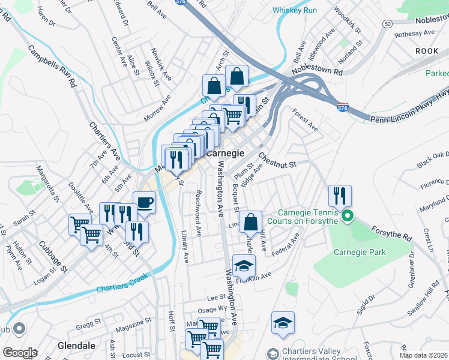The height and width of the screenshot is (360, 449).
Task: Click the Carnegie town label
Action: pyautogui.click(x=225, y=153)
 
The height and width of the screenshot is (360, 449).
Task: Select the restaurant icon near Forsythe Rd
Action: pyautogui.click(x=340, y=195)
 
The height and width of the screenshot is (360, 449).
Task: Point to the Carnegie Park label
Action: pyautogui.click(x=360, y=253)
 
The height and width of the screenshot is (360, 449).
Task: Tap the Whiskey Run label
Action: pyautogui.click(x=295, y=10)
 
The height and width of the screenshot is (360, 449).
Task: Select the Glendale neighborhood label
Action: pyautogui.click(x=76, y=346)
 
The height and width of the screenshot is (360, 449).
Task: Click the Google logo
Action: pyautogui.click(x=20, y=353)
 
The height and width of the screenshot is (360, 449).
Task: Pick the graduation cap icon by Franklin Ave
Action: pyautogui.click(x=244, y=265)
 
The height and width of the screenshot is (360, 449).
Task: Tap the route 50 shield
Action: pyautogui.click(x=388, y=23)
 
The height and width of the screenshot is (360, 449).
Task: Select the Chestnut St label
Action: pyautogui.click(x=278, y=160)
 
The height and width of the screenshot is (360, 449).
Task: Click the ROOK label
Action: pyautogui.click(x=427, y=52)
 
